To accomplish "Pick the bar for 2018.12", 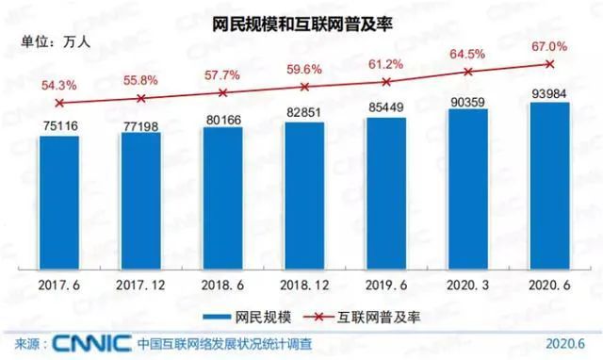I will point(304,198).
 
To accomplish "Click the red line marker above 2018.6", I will point(223,92).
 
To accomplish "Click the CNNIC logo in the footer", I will point(88,342).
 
